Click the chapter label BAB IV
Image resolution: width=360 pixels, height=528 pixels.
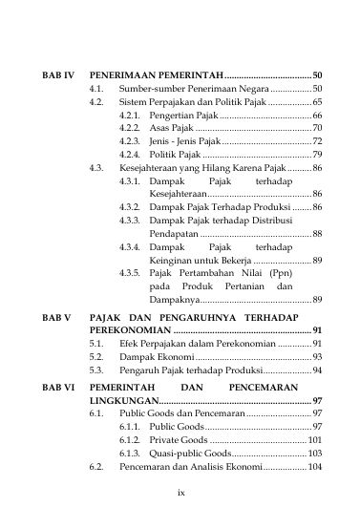click(x=56, y=74)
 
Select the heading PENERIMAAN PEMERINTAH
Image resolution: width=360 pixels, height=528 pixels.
click(x=155, y=74)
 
